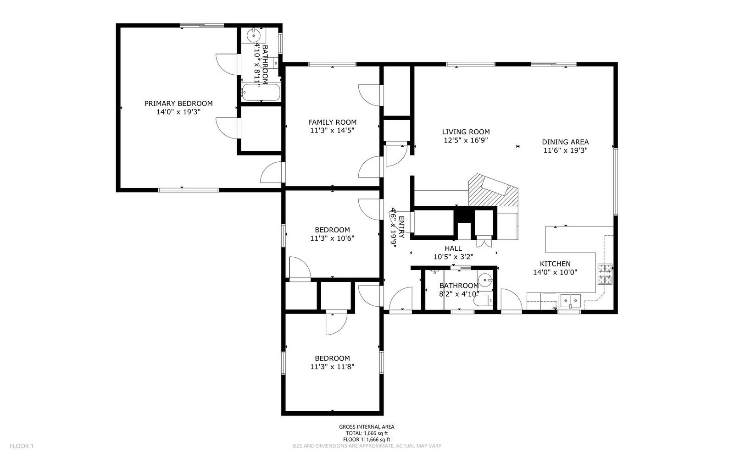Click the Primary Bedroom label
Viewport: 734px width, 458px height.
pos(178,104)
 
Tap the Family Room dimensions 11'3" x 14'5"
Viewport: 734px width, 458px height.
pos(332,131)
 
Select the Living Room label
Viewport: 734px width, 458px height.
pos(466,132)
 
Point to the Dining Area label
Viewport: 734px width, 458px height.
pos(565,142)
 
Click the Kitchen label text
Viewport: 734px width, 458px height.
pos(555,264)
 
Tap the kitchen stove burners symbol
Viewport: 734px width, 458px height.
pos(605,274)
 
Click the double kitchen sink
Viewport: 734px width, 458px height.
pos(570,301)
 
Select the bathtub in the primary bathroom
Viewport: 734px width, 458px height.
pos(261,93)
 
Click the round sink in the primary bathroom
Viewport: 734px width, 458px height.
pos(254,35)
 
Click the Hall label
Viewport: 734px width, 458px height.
pos(453,248)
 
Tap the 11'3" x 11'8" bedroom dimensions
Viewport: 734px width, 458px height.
pos(332,367)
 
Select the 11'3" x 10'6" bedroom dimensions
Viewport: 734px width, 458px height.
pos(332,238)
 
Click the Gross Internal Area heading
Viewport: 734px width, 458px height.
pos(367,427)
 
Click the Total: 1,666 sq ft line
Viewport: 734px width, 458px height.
pos(367,433)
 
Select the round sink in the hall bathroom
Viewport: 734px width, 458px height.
pos(484,279)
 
